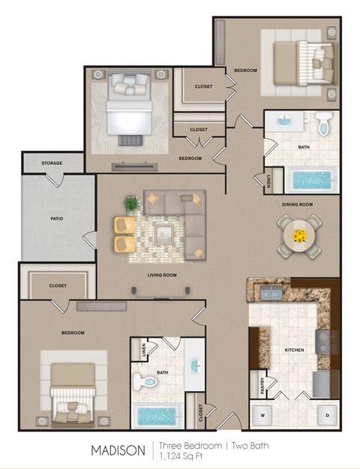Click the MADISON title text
coord(118,450)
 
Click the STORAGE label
coord(52,163)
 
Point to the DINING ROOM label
coord(297,204)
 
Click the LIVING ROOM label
coord(161,275)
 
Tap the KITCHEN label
coord(294,350)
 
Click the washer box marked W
coord(263,413)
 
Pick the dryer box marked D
coord(327,413)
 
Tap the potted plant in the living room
coord(131,203)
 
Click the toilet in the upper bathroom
coord(323,124)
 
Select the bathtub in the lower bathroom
coord(156,415)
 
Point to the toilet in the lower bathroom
coord(145,382)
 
